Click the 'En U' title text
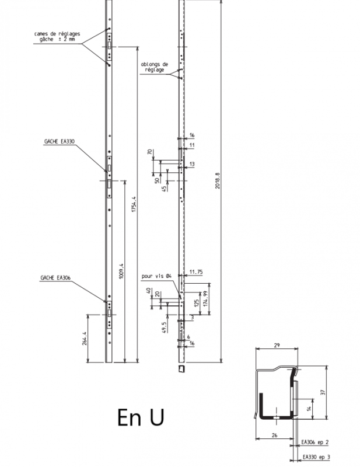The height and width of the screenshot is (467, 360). click(x=140, y=417)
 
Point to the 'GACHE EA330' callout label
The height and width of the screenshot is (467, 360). click(x=60, y=141)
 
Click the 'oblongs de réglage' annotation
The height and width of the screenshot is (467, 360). click(x=154, y=67)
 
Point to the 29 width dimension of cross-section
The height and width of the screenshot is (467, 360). click(x=277, y=346)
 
